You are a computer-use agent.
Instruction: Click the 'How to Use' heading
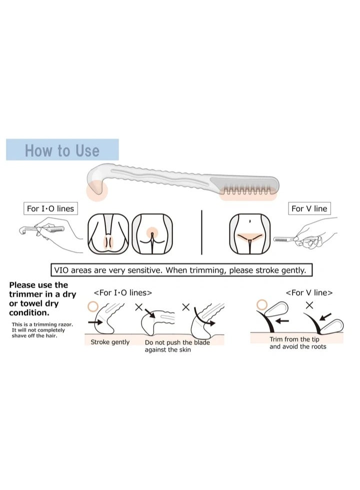[x=62, y=150]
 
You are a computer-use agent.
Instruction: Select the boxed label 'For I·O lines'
[x=50, y=208]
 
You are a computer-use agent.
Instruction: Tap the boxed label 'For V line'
[x=310, y=208]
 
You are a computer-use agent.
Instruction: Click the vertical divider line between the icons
[x=201, y=232]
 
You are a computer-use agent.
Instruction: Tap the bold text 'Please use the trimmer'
[x=42, y=290]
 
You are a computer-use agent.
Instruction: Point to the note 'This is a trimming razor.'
[x=42, y=325]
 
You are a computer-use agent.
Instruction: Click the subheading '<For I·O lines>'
[x=123, y=293]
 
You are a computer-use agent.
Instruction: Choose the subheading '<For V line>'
[x=308, y=293]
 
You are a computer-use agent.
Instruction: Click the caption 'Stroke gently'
[x=109, y=342]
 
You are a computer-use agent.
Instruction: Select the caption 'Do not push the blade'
[x=177, y=343]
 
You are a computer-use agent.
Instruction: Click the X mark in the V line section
[x=309, y=304]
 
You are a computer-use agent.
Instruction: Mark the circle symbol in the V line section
[x=260, y=304]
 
